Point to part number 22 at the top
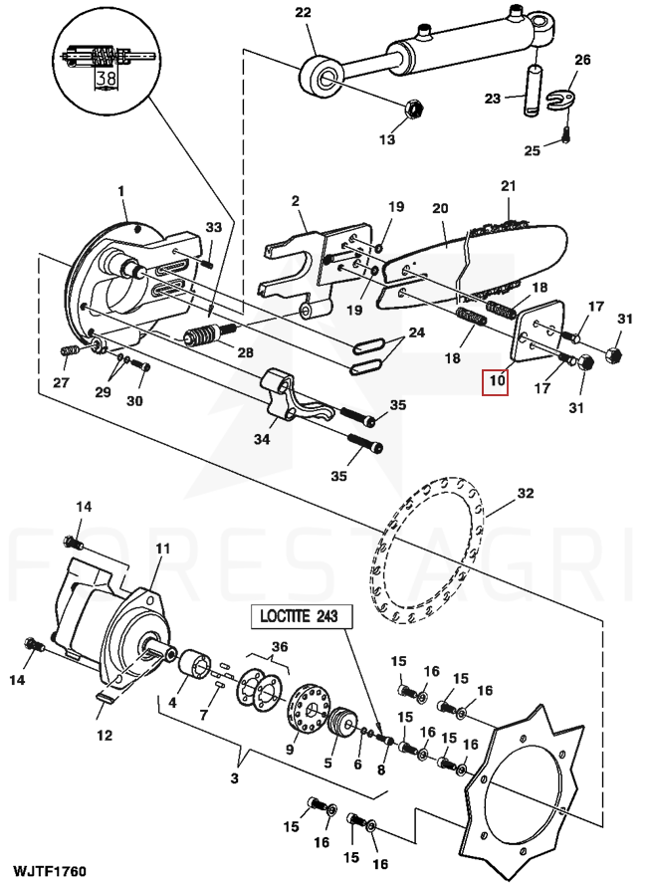[303, 13]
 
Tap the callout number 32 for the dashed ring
[526, 493]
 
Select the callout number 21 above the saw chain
[509, 186]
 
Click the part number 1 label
[121, 190]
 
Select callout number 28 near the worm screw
[245, 352]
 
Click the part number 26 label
[582, 61]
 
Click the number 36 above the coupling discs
[280, 647]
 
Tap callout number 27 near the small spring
[61, 382]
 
